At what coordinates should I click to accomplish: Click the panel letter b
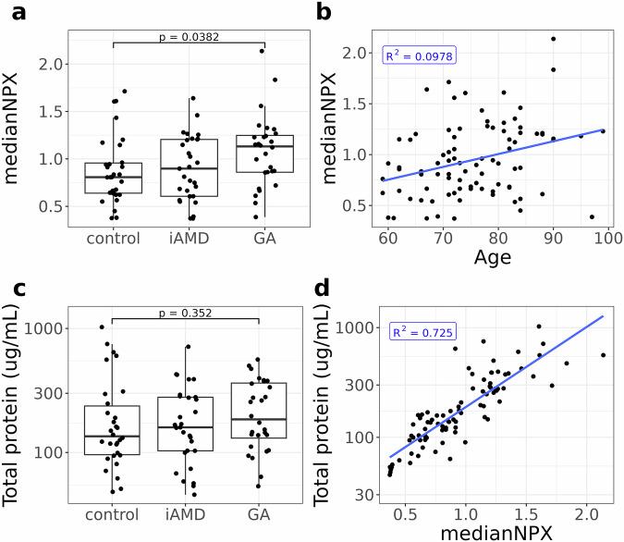[324, 12]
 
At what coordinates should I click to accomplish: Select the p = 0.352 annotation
[189, 314]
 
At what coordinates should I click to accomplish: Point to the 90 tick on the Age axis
[553, 239]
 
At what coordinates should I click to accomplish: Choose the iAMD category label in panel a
[188, 238]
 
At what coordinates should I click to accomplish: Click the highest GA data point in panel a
[262, 51]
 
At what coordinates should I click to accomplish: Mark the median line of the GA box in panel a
[263, 146]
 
